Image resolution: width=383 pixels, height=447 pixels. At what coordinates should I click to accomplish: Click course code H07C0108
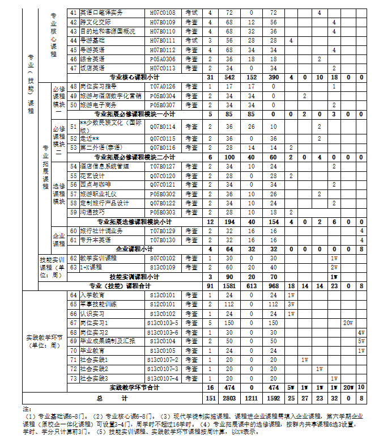pyautogui.click(x=162, y=12)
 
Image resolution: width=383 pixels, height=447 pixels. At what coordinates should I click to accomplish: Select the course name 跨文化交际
pyautogui.click(x=96, y=22)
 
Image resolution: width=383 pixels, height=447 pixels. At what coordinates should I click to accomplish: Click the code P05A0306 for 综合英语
pyautogui.click(x=162, y=59)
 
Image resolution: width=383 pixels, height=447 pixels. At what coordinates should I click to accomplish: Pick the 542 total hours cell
pyautogui.click(x=229, y=77)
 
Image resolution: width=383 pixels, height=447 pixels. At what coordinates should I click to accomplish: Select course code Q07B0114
pyautogui.click(x=162, y=126)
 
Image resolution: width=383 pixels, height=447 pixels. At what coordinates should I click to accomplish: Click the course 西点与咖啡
pyautogui.click(x=95, y=185)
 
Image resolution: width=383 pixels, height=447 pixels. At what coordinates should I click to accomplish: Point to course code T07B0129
pyautogui.click(x=162, y=231)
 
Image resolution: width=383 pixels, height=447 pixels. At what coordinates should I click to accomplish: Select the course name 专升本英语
pyautogui.click(x=96, y=240)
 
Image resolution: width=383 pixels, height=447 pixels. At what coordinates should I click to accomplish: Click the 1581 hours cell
pyautogui.click(x=229, y=286)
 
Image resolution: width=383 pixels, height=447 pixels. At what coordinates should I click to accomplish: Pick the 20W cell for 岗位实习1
pyautogui.click(x=348, y=323)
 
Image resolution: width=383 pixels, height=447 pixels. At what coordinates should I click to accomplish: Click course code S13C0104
pyautogui.click(x=162, y=341)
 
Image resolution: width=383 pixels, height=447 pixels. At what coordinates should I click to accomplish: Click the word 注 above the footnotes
pyautogui.click(x=26, y=408)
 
